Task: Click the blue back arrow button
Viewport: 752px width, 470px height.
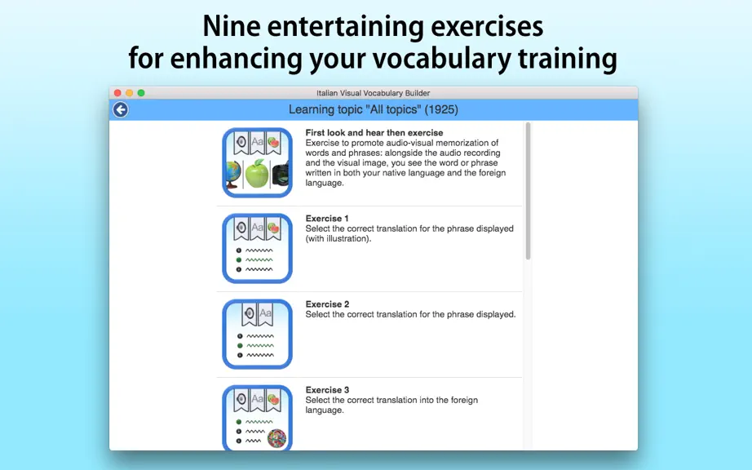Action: [121, 110]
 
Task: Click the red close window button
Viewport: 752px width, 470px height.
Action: [117, 93]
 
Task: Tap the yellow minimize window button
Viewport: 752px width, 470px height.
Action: [129, 93]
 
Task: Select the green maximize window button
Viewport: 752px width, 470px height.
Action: [141, 93]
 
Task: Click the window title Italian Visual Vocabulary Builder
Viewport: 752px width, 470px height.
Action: [373, 93]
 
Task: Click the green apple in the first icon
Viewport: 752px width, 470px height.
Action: [257, 174]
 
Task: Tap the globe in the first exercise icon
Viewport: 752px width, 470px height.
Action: [233, 175]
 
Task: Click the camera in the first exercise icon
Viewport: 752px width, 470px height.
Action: [281, 175]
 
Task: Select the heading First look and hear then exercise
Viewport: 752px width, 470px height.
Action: [374, 133]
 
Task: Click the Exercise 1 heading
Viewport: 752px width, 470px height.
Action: [327, 219]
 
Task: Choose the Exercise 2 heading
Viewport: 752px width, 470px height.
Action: [327, 304]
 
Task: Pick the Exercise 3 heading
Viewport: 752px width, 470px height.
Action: [327, 390]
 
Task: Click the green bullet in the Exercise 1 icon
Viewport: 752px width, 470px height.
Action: [239, 260]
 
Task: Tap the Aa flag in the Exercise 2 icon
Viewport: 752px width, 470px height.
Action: [265, 315]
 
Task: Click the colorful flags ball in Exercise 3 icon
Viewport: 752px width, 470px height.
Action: [276, 438]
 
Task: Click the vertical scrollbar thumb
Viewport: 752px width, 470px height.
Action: [528, 191]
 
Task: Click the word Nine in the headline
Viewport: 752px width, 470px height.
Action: [231, 26]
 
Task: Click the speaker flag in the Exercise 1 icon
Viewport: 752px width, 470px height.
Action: [241, 228]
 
